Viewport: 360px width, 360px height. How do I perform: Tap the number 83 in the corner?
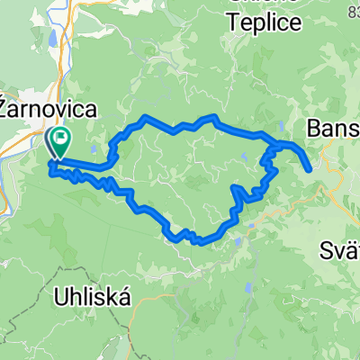click(x=350, y=8)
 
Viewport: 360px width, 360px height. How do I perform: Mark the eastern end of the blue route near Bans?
click(x=310, y=168)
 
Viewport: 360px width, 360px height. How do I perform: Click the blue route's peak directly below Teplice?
click(x=213, y=116)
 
